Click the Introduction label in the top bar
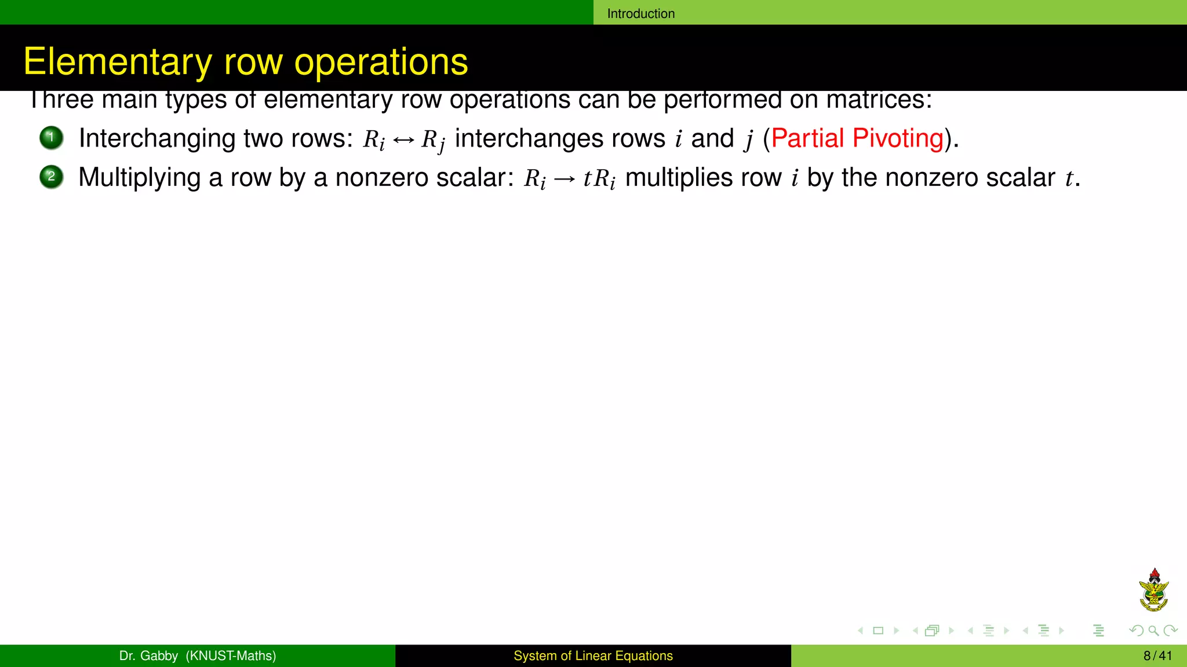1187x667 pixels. (x=640, y=13)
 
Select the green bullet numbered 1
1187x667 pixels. (x=51, y=138)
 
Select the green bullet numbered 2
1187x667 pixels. (x=51, y=177)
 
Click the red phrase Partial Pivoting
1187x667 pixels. (x=857, y=138)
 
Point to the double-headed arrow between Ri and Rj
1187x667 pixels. (x=403, y=140)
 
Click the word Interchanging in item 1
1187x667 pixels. (x=157, y=139)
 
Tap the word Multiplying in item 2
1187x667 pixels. (x=139, y=178)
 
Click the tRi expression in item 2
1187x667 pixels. (x=599, y=178)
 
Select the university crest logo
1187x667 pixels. (x=1153, y=591)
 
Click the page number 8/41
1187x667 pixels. (x=1157, y=656)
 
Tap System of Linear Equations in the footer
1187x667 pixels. (x=593, y=656)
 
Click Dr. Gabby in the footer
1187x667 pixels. (x=148, y=656)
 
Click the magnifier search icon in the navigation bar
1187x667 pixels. (x=1153, y=631)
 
